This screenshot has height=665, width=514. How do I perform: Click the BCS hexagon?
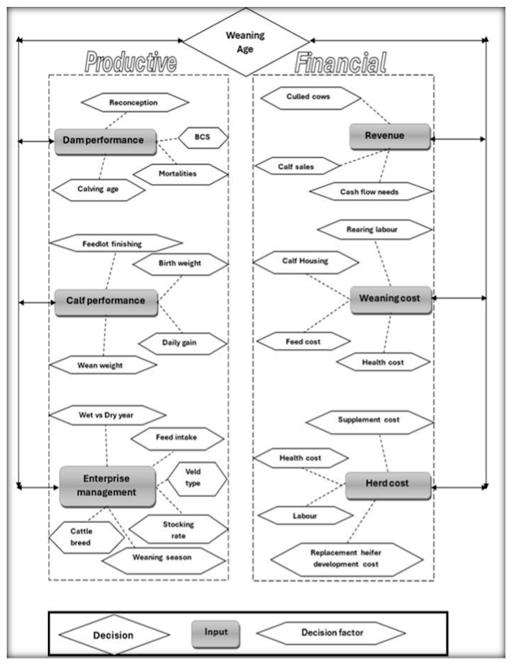[x=203, y=138]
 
